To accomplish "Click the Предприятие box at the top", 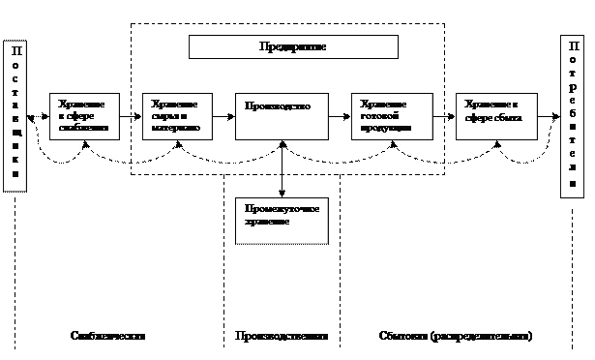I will point(292,47).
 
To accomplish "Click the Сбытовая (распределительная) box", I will point(455,336).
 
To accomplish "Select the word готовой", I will point(376,116).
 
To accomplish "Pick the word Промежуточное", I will point(278,208).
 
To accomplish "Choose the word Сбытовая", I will point(401,336).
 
